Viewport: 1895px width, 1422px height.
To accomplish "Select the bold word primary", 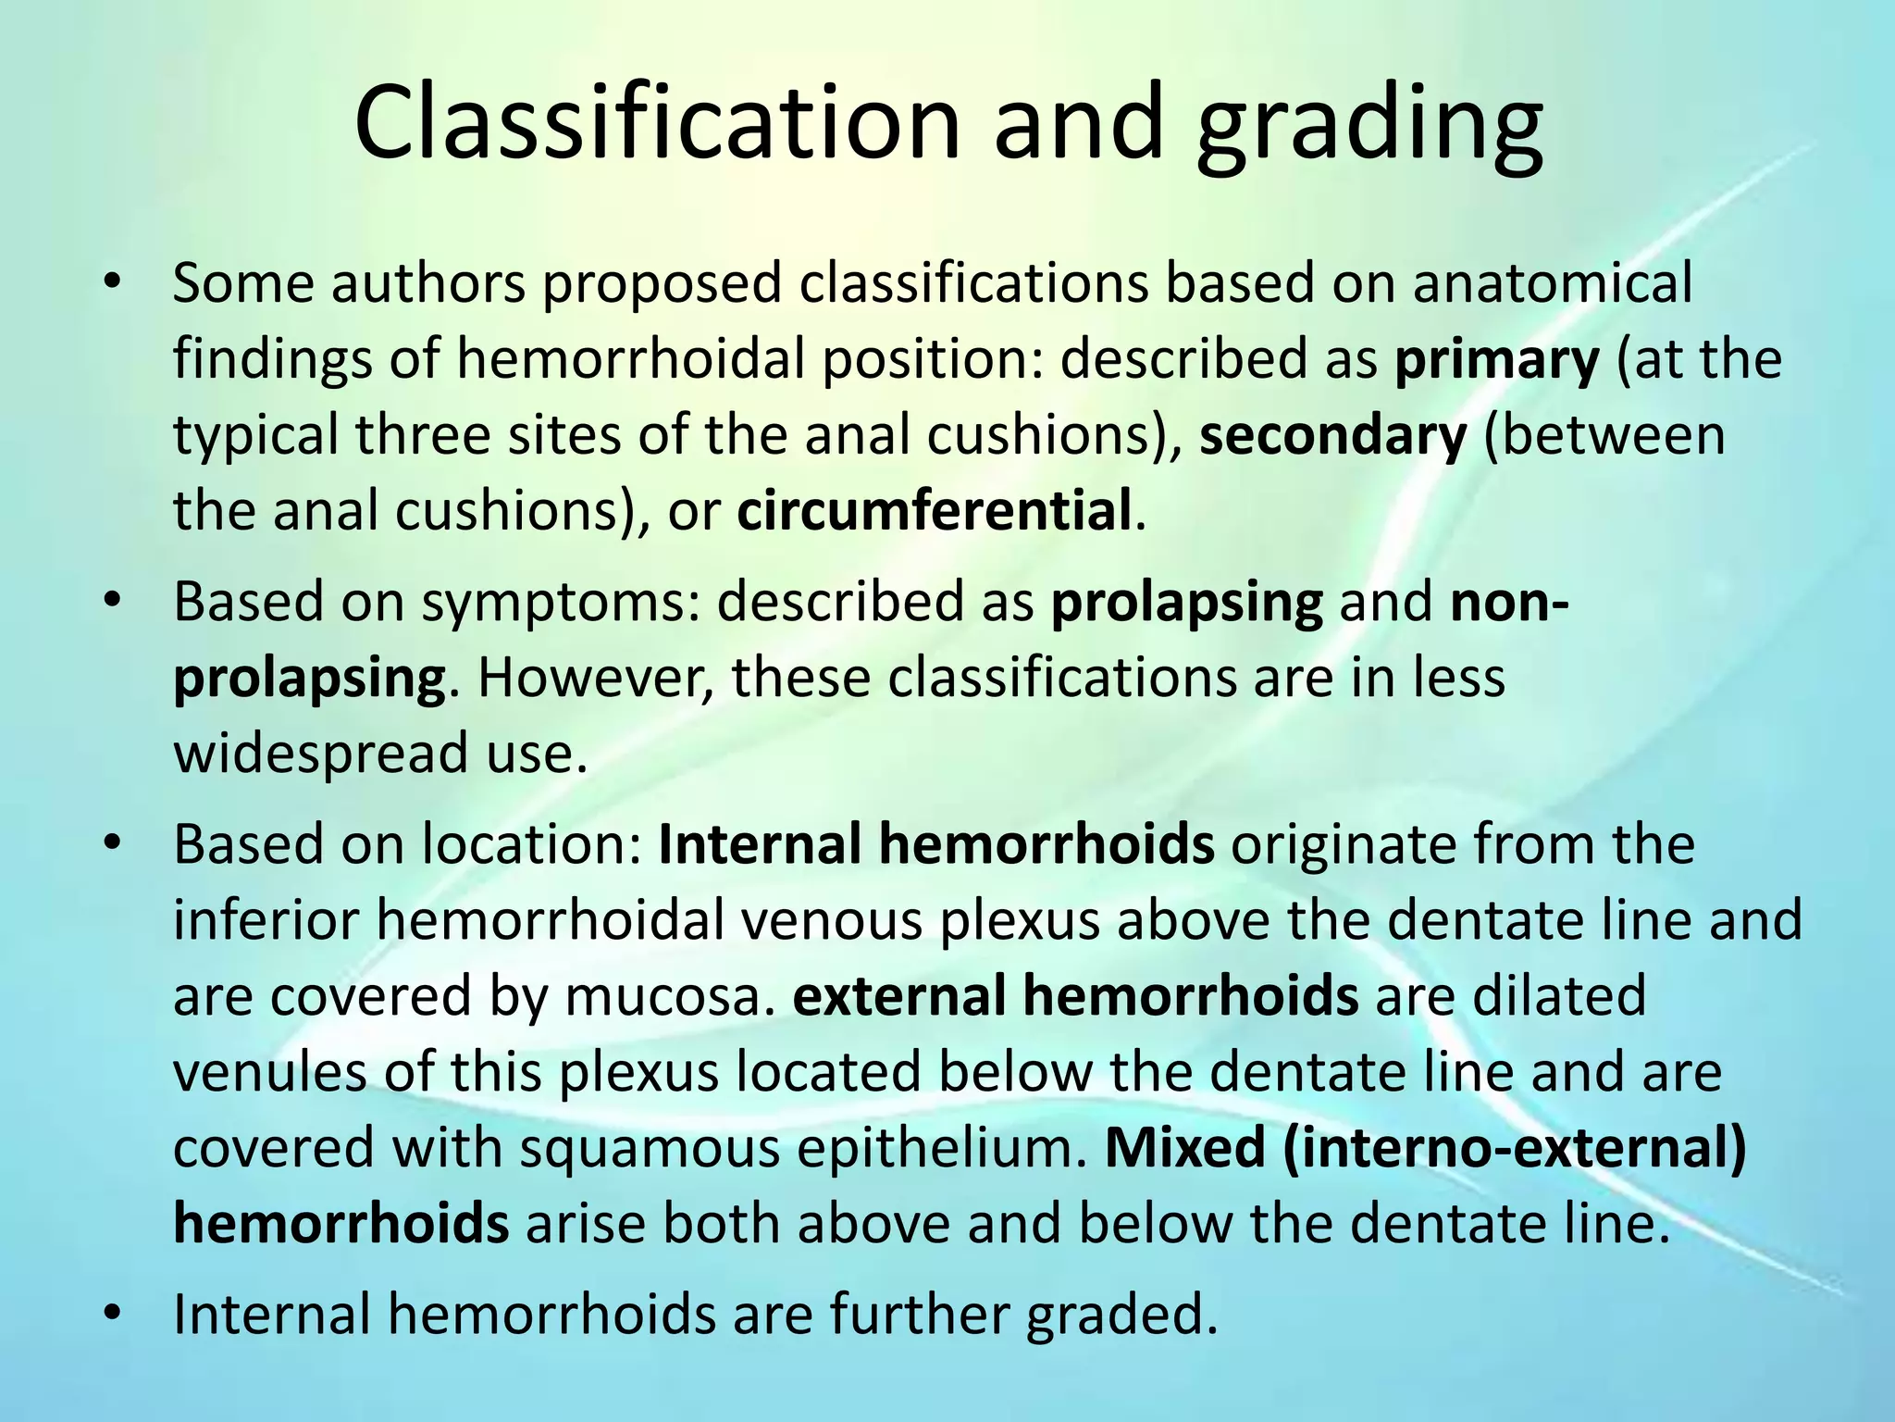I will click(1496, 361).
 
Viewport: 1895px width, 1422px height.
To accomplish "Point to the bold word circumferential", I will click(935, 511).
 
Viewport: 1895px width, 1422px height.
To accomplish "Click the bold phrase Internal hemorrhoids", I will click(935, 844).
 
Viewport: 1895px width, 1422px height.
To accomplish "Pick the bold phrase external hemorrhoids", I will click(1075, 996).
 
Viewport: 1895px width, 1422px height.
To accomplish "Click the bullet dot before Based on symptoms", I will click(113, 602).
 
